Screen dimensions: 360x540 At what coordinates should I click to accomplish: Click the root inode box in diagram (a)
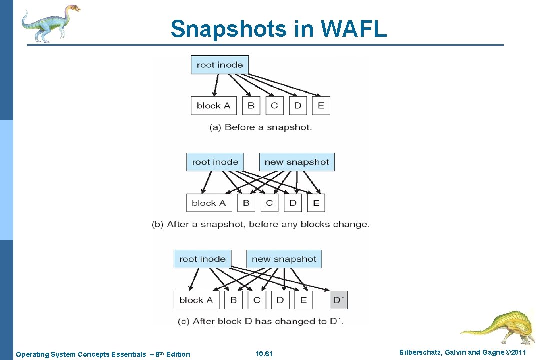[220, 65]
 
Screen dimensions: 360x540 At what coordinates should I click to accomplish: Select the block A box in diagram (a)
[213, 105]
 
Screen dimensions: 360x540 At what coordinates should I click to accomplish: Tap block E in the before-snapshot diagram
[321, 105]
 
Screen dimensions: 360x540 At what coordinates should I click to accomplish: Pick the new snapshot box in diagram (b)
[297, 162]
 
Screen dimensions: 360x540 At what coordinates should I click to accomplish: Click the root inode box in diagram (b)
[215, 162]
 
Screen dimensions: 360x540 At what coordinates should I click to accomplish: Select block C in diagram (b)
[269, 203]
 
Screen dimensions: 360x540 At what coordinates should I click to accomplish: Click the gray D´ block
[339, 300]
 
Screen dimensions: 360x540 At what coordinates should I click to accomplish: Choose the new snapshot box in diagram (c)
[284, 259]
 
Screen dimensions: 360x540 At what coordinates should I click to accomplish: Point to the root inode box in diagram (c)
[202, 259]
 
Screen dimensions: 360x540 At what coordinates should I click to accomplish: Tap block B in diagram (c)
[233, 300]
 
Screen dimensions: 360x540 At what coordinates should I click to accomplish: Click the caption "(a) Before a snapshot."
[260, 127]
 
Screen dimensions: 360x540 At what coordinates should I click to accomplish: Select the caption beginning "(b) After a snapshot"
[260, 224]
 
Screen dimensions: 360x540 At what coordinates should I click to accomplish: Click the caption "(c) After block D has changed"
[260, 321]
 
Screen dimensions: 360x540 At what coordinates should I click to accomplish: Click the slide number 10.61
[264, 354]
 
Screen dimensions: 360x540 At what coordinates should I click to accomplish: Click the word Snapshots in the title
[228, 29]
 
